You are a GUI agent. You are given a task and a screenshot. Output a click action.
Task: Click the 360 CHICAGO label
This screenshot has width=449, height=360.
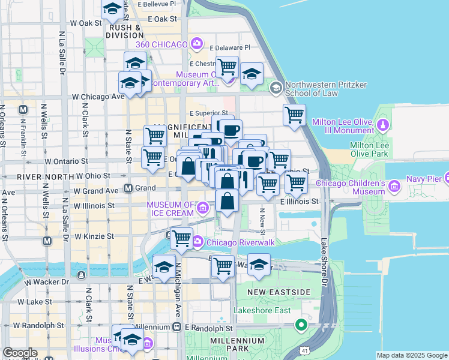point(162,44)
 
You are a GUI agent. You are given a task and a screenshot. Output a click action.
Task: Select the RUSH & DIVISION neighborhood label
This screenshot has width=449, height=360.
point(125,31)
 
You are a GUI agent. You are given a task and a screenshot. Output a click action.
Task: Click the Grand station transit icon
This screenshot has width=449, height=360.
point(128,188)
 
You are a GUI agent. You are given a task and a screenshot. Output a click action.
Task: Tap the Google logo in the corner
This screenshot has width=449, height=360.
point(20,353)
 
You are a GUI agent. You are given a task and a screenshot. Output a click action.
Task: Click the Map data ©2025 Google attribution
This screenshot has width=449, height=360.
point(412,355)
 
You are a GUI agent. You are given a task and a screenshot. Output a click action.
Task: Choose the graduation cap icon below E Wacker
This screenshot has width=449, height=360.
point(259,265)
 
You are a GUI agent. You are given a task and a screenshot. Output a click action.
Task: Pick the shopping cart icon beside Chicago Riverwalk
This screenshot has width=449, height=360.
point(181,239)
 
